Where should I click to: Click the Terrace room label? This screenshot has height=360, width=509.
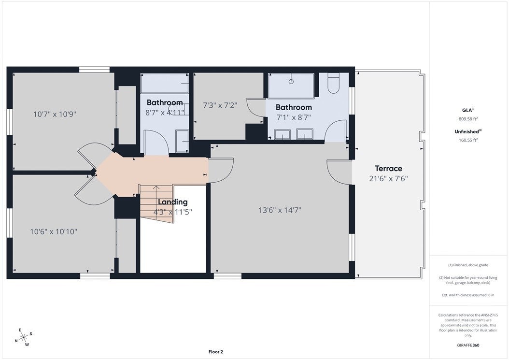(x=388, y=168)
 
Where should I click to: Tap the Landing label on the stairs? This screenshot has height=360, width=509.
(x=173, y=202)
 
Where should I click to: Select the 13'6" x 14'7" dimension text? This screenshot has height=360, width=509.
(x=280, y=210)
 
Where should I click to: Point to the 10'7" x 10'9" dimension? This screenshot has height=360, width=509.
(x=55, y=114)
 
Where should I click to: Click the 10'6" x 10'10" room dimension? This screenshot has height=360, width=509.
(x=54, y=231)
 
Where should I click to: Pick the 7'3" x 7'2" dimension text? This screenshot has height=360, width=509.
(x=220, y=105)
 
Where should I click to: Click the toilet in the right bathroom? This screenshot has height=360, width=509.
(x=333, y=83)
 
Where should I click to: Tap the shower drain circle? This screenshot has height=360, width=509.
(x=291, y=82)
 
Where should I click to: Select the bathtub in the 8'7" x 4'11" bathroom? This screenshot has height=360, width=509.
(x=165, y=84)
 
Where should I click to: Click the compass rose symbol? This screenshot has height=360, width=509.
(x=24, y=338)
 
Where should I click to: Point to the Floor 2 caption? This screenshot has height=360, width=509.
(x=215, y=352)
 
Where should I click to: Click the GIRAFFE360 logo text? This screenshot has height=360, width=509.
(x=468, y=345)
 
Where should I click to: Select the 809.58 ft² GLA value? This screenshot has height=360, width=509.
(x=468, y=119)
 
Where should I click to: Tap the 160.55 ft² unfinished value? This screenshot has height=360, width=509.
(x=468, y=140)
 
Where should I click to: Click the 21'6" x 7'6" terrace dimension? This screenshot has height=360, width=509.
(x=388, y=178)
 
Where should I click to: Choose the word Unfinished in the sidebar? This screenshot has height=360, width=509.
(x=467, y=131)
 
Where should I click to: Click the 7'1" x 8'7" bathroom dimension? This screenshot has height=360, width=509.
(x=294, y=117)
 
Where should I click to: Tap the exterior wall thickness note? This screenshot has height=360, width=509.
(x=468, y=295)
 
